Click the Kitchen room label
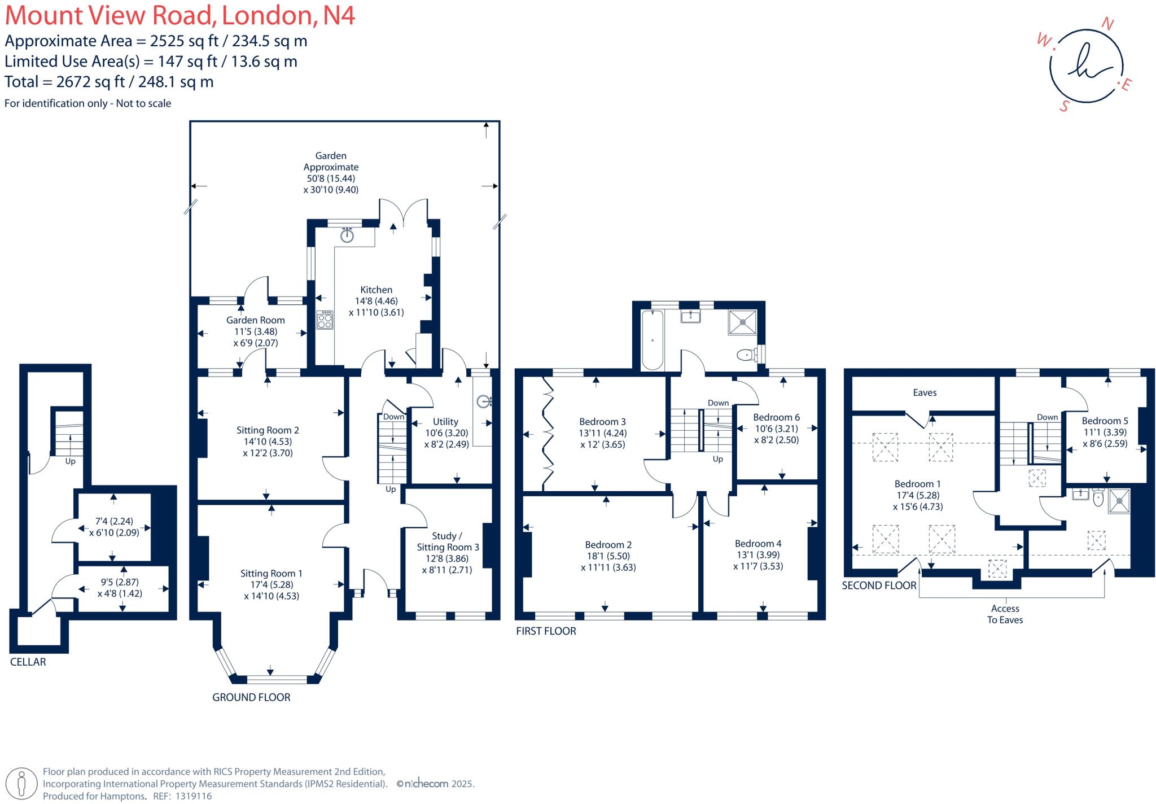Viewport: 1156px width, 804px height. click(376, 290)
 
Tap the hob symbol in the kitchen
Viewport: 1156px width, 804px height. click(325, 320)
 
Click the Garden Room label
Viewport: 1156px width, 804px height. click(255, 320)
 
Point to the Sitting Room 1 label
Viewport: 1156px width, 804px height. click(271, 573)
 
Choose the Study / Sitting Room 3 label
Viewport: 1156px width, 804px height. click(448, 541)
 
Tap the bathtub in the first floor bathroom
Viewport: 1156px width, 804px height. click(653, 340)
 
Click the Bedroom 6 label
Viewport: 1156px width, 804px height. click(776, 417)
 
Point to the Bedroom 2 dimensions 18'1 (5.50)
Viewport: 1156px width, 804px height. click(608, 556)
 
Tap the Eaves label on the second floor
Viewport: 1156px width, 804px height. click(924, 392)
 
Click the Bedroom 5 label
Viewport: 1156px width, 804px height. click(1105, 421)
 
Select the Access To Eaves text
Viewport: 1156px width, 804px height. click(1005, 614)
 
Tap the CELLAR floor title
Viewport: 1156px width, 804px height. click(28, 662)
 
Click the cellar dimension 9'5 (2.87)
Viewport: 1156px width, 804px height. click(119, 582)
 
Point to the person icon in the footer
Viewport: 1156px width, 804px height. click(22, 784)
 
